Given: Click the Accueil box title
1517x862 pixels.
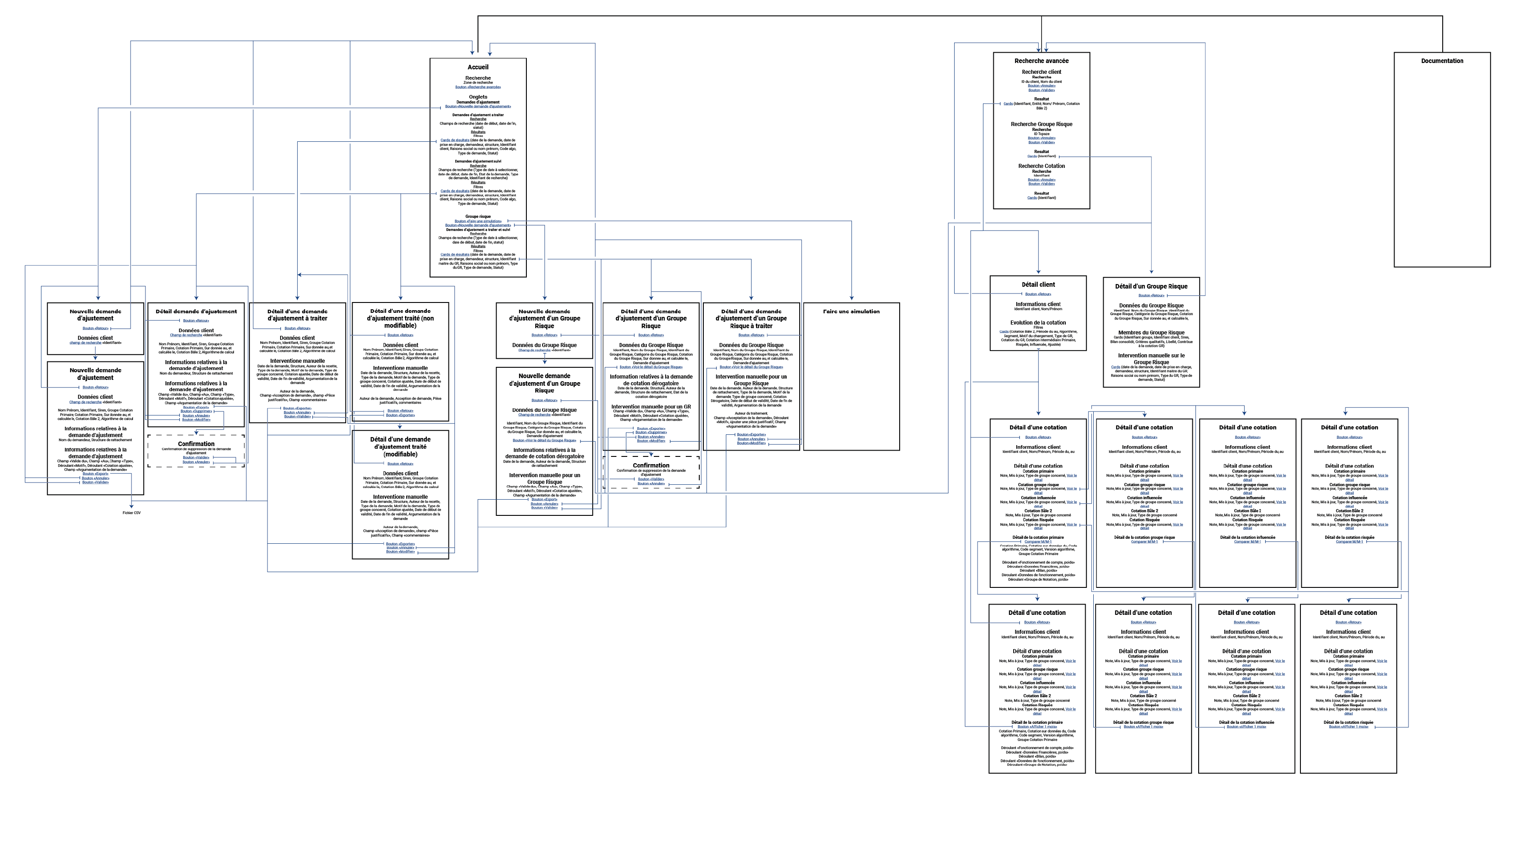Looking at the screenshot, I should point(478,67).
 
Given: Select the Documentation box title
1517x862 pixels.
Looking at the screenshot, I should point(1442,61).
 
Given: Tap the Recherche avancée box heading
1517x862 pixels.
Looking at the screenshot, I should point(1042,61).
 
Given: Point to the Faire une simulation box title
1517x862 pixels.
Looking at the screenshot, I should point(851,311).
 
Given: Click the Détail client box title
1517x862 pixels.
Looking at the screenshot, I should point(1038,285).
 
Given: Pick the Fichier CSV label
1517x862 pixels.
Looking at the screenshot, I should point(131,513).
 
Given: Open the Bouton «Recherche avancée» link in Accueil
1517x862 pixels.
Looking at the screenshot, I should point(478,87).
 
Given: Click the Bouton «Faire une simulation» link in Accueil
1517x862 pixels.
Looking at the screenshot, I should point(478,221).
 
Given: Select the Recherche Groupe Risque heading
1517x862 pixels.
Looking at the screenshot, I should point(1042,124).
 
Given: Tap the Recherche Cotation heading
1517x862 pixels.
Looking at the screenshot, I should point(1042,167).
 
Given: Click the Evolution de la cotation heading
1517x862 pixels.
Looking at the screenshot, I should point(1038,323).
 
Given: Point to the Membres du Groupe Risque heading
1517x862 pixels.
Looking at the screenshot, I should point(1151,333).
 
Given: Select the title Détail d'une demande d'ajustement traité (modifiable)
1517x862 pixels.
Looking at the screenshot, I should point(401,447).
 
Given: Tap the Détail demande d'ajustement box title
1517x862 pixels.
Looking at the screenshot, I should point(196,311).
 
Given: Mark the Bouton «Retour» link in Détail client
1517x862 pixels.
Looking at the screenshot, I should point(1038,294).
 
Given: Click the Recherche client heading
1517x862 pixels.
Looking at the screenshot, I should point(1042,72).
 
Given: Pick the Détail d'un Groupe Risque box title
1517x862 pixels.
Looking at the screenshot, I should point(1151,287).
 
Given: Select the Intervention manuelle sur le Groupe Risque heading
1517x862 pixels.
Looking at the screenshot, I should point(1151,359).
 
